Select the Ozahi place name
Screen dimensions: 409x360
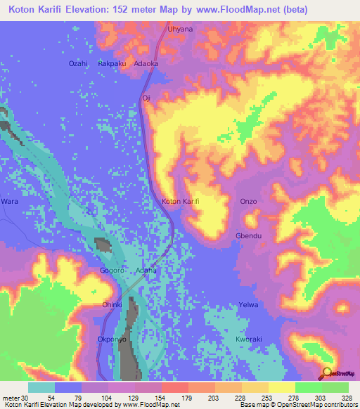77,63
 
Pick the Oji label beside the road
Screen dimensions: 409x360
146,98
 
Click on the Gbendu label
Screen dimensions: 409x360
249,236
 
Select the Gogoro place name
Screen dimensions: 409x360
112,270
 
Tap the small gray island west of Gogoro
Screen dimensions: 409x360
103,246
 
